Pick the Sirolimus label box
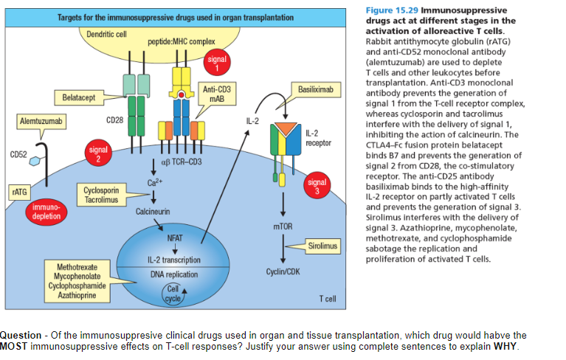[322, 245]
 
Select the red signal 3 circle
[317, 187]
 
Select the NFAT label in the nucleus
[174, 238]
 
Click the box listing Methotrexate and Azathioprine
[77, 280]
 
